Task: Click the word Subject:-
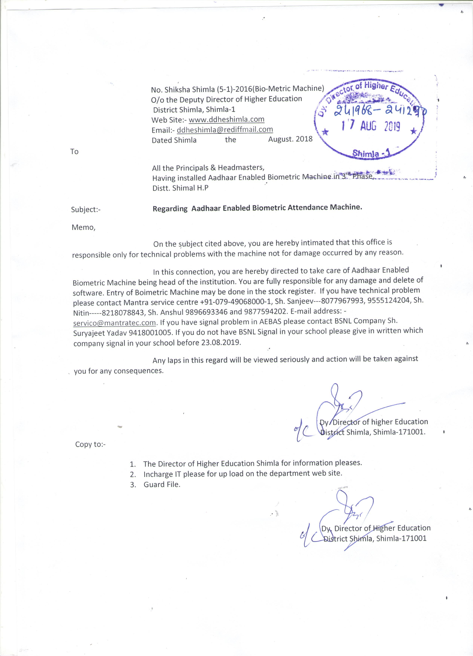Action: tap(86, 210)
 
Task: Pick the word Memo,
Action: tap(83, 227)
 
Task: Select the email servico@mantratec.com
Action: tap(115, 322)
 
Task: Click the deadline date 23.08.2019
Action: tap(220, 342)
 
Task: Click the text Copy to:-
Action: tap(90, 444)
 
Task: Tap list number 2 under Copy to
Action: tap(133, 475)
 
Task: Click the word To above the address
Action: tap(74, 152)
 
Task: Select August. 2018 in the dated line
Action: tap(290, 139)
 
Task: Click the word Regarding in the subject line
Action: tap(170, 209)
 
